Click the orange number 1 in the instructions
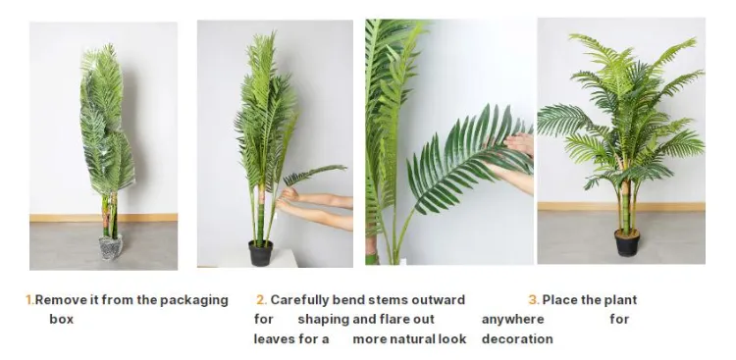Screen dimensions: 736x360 point(29,300)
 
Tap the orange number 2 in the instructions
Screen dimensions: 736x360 point(261,300)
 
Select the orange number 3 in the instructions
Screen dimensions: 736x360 point(533,300)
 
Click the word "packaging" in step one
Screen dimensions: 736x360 point(194,300)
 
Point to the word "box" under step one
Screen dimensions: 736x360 point(62,319)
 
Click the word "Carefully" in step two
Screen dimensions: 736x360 point(299,300)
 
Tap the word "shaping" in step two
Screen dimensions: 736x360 point(324,320)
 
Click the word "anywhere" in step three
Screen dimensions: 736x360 point(512,320)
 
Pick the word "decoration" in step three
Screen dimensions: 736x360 point(517,338)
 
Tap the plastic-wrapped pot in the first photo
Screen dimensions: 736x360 point(111,247)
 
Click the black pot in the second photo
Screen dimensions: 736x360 point(260,253)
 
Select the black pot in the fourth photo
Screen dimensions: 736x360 point(627,242)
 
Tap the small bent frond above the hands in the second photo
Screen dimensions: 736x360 point(314,174)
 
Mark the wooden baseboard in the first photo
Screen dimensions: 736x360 point(103,218)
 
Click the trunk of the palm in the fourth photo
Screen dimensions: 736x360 point(625,207)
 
